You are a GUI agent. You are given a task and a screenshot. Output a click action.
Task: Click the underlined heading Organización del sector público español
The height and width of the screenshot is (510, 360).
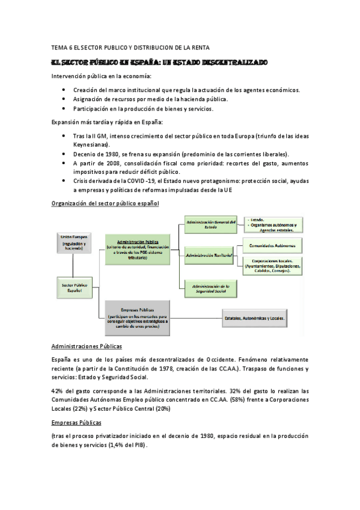tap(106, 204)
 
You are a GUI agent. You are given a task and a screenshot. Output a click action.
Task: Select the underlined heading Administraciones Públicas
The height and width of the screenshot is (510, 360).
tap(87, 347)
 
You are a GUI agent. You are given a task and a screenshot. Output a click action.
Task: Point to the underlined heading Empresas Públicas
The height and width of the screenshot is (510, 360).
tap(77, 422)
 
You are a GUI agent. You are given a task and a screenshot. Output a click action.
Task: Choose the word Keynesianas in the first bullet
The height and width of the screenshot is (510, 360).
tap(91, 145)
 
